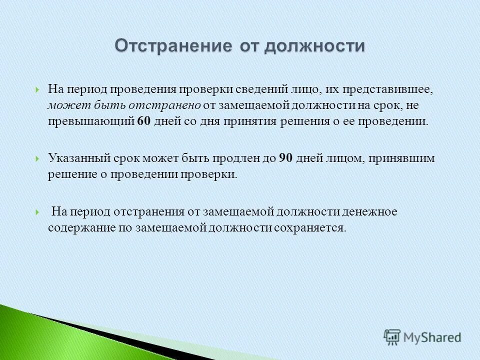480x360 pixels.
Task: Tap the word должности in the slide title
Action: click(x=315, y=45)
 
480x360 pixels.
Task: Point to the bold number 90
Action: click(x=285, y=158)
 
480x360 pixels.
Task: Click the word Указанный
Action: click(x=77, y=158)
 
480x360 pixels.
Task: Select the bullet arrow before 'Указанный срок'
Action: click(x=38, y=159)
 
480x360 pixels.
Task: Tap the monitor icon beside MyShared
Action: click(x=392, y=337)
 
